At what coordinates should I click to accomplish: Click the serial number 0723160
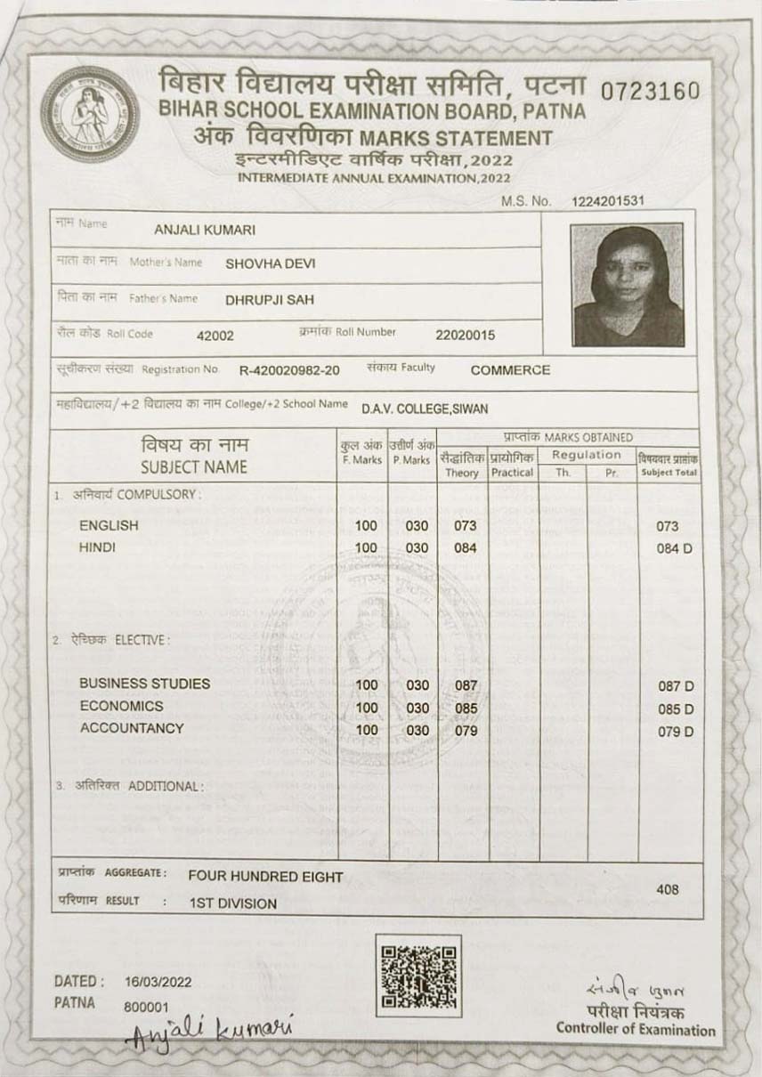coord(651,91)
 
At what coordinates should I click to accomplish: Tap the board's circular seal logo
coord(89,113)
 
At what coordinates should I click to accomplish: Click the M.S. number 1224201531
coord(608,202)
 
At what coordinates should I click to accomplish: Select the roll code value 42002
coord(215,336)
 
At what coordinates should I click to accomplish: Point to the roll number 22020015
coord(465,336)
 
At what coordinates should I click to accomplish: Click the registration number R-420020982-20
coord(289,370)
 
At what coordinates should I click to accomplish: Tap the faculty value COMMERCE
coord(510,370)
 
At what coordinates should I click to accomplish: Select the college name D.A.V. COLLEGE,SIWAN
coord(425,409)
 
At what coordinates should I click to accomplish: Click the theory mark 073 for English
coord(466,526)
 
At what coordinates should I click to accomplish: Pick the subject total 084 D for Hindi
coord(674,548)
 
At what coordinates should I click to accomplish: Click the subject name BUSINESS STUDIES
coord(145,684)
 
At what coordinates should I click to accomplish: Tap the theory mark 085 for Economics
coord(466,709)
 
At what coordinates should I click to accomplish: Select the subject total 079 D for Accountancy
coord(674,733)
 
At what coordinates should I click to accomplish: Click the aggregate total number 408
coord(668,889)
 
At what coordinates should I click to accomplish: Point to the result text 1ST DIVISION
coord(232,903)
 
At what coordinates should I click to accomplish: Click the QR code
coord(418,976)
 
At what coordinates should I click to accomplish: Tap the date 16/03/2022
coord(158,984)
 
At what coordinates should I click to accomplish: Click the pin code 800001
coord(146,1006)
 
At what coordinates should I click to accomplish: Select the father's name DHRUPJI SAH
coord(270,300)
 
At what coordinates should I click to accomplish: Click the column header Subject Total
coord(669,473)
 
